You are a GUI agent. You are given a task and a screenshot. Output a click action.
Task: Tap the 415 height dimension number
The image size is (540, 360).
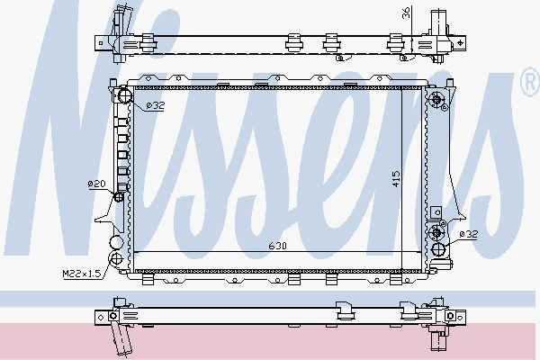click(x=395, y=178)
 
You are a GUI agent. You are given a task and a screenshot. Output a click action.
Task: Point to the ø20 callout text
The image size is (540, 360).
click(x=96, y=184)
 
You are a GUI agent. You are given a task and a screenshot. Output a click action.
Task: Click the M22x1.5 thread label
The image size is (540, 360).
click(x=80, y=273)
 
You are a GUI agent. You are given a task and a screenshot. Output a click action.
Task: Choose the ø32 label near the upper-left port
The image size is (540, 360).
click(x=155, y=106)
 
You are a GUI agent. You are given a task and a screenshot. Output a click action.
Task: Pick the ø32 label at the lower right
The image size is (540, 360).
click(x=468, y=234)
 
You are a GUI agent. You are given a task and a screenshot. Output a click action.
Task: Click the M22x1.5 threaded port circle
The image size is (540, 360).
click(x=113, y=242)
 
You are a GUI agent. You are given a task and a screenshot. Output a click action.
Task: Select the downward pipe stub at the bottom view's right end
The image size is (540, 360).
click(x=440, y=339)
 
